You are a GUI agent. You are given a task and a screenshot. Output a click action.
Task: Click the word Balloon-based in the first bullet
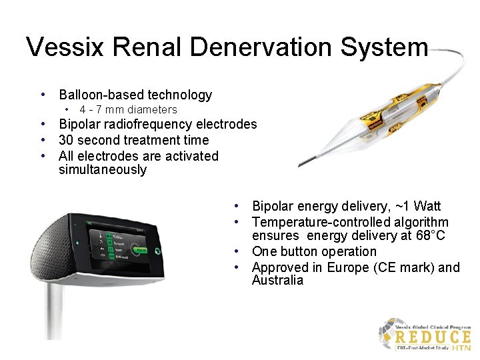tap(101, 95)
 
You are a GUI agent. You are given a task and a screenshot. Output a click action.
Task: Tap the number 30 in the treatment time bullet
tap(66, 140)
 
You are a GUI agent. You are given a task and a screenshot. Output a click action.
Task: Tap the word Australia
tap(277, 280)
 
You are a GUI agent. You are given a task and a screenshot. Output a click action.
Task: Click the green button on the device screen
tap(141, 250)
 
